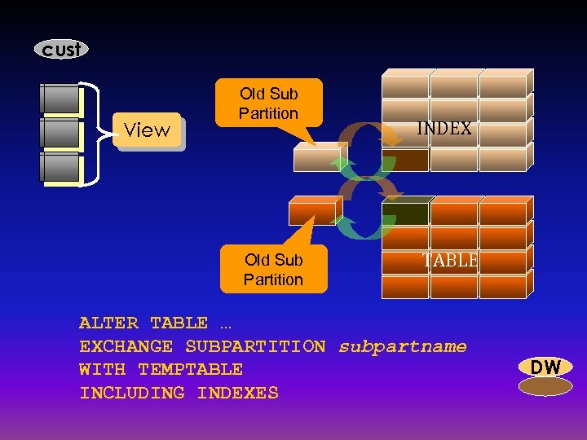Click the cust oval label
61,50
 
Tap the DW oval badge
545,367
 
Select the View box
148,130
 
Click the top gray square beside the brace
60,99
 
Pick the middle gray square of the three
60,133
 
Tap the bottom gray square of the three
60,167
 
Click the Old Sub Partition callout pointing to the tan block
268,103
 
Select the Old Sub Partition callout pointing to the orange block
273,270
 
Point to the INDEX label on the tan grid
444,129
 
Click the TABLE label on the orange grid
450,261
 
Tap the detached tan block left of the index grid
317,157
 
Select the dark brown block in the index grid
406,159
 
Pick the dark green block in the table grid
406,213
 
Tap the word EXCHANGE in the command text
126,347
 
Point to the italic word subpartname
403,347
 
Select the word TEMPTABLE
190,370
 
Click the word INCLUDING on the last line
132,394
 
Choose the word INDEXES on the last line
237,394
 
